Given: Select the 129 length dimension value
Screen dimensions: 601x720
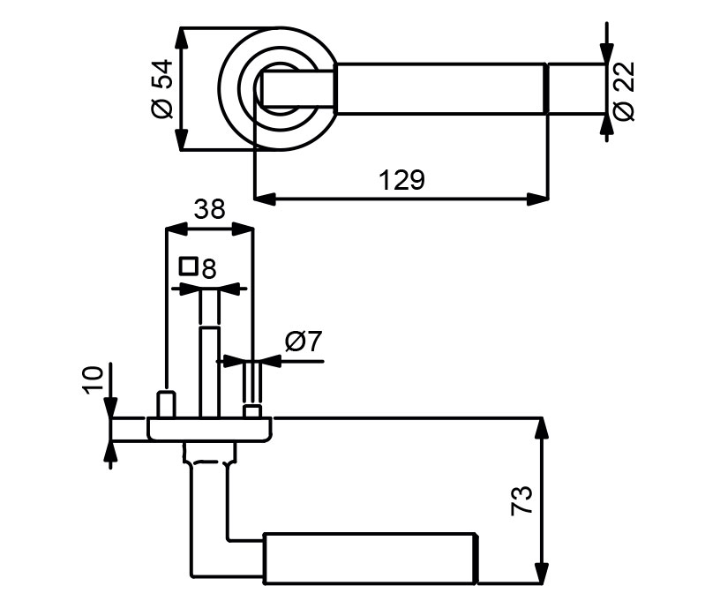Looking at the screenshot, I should (401, 181).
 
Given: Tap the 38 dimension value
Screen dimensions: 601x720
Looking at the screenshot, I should (209, 209).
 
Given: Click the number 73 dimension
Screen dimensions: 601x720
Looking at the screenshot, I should (522, 500).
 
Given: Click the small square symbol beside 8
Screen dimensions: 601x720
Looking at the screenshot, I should (187, 265).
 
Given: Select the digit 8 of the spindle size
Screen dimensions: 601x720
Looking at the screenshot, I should (208, 268).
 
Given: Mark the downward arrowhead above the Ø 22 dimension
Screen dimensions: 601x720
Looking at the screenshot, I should (606, 52).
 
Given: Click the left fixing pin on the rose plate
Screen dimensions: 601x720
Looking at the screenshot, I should (165, 404).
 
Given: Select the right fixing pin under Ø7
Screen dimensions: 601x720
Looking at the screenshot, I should (252, 411).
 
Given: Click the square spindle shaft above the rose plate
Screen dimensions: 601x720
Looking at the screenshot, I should (209, 371).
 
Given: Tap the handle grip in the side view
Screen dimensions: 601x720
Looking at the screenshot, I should (371, 558).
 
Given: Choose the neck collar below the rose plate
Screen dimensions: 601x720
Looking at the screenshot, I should (210, 455).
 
